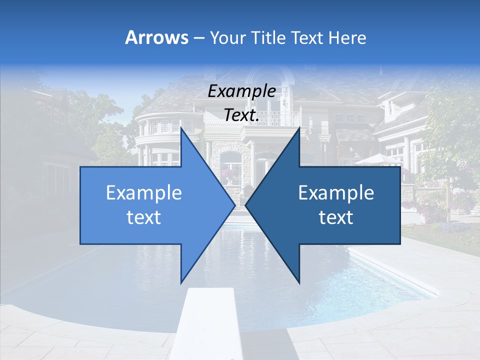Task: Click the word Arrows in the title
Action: (x=156, y=37)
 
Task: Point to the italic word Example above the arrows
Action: (x=241, y=91)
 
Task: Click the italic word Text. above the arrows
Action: (x=241, y=115)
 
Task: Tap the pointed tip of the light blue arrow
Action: (x=234, y=205)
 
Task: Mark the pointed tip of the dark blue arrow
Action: (x=246, y=205)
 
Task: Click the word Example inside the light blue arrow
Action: (x=144, y=193)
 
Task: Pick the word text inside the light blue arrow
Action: (x=144, y=217)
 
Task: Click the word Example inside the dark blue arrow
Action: (x=336, y=193)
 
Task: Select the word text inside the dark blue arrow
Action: (x=336, y=217)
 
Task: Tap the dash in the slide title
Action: (x=198, y=38)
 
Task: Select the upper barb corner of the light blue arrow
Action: (x=181, y=128)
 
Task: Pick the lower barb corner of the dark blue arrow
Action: (x=299, y=283)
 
